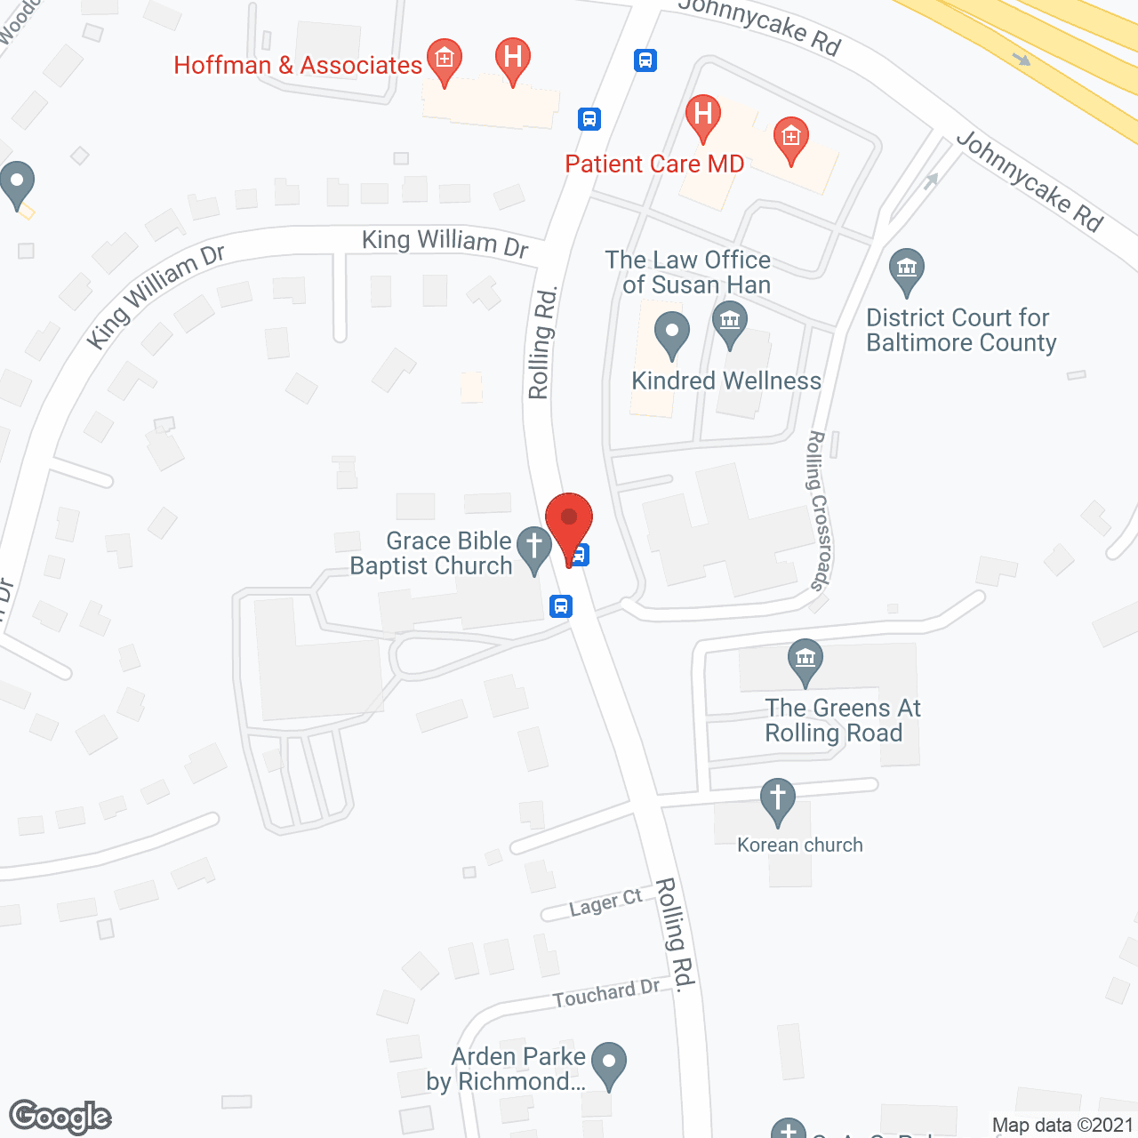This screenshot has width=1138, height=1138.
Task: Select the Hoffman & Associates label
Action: coord(298,65)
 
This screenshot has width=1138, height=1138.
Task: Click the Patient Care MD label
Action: coord(654,164)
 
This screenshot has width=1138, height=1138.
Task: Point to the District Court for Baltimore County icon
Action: coord(906,268)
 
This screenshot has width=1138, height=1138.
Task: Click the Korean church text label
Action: coord(800,845)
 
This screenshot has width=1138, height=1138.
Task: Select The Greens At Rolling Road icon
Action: coord(805,660)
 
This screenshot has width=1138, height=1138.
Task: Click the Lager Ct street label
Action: coord(605,902)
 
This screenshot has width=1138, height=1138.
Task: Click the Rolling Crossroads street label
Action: coord(818,510)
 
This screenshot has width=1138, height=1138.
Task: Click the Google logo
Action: coord(60,1117)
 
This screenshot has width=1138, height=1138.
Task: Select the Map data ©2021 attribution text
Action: coord(1063,1125)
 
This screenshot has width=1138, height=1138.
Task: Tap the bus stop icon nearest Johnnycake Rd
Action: coord(645,60)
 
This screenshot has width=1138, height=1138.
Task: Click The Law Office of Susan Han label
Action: coord(689,272)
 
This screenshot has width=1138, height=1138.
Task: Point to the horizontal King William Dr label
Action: coord(445,241)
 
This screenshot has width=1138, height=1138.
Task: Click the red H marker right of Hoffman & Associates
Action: coord(512,59)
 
